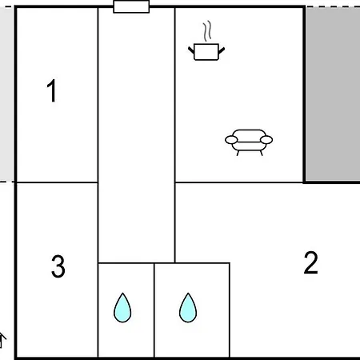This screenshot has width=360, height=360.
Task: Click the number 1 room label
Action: point(51,90)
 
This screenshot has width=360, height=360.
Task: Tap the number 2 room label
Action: point(311,262)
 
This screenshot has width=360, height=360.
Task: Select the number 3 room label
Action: point(58,266)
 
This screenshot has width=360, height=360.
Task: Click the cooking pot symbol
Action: point(206,52)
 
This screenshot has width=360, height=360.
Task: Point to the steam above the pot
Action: point(207,31)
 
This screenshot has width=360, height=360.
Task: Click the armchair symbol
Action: point(249,142)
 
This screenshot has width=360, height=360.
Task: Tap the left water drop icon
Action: point(122,308)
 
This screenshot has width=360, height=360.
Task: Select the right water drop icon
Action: point(188,308)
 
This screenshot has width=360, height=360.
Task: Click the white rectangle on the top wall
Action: point(131,6)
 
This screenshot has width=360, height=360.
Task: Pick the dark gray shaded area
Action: point(333,94)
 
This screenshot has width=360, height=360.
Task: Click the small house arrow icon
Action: point(2,341)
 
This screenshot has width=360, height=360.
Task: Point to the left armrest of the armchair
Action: point(231,140)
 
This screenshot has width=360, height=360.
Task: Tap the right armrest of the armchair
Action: point(266,140)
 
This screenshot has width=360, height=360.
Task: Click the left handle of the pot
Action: point(191,50)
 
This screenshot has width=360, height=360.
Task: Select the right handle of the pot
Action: point(222,50)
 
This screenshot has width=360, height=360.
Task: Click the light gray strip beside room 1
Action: point(6,94)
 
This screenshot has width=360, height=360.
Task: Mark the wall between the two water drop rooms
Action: point(154,310)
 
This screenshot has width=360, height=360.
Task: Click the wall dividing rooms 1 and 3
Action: point(58,182)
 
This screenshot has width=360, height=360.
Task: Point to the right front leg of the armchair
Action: point(262,153)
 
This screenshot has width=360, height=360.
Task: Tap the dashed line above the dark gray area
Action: point(333,6)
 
